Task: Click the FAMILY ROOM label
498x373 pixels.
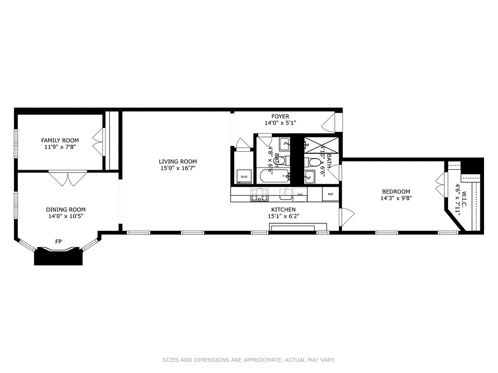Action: (x=60, y=140)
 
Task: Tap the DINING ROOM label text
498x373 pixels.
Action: (x=65, y=210)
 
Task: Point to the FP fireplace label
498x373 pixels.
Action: (x=58, y=241)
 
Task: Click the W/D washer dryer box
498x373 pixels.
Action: (x=244, y=177)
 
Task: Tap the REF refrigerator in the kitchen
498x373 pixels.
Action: (x=330, y=194)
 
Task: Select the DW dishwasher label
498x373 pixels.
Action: (x=300, y=194)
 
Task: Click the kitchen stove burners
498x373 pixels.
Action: (x=260, y=194)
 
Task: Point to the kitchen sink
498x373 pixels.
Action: (x=285, y=193)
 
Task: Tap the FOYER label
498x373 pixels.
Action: (x=280, y=116)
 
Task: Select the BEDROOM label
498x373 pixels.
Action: (x=396, y=192)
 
